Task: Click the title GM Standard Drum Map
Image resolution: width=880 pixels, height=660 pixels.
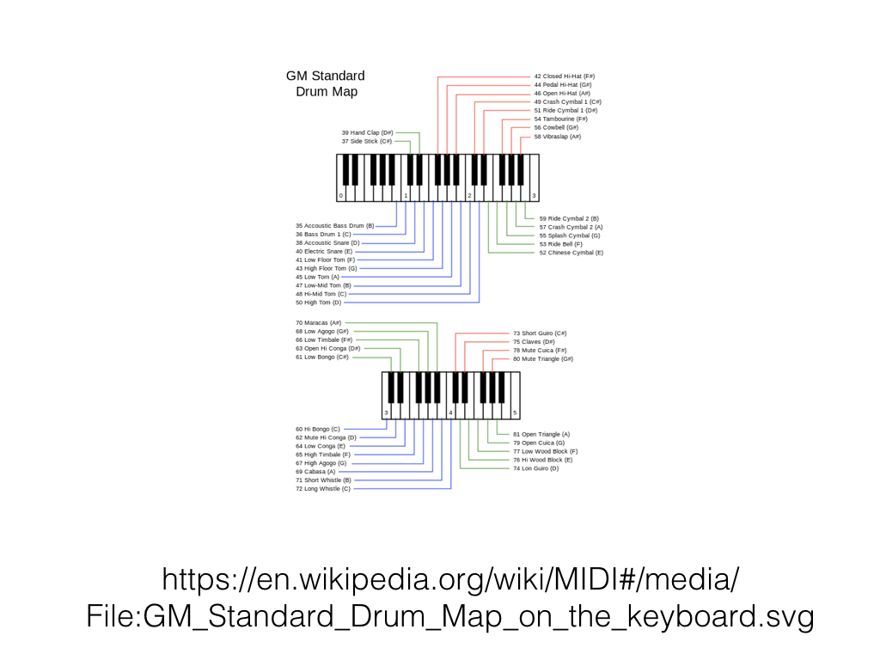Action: (x=325, y=83)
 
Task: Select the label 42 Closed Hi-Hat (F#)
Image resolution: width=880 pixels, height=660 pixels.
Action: (x=564, y=76)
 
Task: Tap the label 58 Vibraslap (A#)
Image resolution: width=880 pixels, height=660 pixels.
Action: (x=557, y=137)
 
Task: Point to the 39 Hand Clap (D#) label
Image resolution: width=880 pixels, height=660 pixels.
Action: (x=367, y=132)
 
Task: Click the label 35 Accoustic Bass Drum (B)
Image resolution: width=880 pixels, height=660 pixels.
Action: (x=334, y=225)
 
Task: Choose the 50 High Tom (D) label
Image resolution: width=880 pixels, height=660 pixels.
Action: (x=318, y=302)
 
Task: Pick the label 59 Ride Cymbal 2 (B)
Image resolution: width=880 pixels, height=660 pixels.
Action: (x=569, y=218)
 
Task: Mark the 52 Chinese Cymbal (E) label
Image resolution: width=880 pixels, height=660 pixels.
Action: (x=571, y=253)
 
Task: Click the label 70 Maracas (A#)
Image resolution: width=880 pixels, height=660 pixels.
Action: (x=318, y=322)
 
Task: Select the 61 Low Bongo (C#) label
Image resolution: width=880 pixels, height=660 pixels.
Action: (x=322, y=357)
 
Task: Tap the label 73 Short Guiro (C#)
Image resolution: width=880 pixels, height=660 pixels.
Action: (x=540, y=333)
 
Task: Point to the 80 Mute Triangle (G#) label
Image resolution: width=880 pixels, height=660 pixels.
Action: (x=542, y=358)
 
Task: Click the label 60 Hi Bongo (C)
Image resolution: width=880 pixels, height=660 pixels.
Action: (x=317, y=428)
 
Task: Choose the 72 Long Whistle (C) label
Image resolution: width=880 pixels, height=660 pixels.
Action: (x=322, y=488)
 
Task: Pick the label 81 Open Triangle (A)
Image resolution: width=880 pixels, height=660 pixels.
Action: (x=541, y=434)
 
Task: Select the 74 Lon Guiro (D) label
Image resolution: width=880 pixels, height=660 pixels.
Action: (x=535, y=468)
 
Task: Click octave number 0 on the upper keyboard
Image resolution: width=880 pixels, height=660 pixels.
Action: (x=340, y=196)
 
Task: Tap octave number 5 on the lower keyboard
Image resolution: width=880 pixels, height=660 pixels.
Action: (x=515, y=413)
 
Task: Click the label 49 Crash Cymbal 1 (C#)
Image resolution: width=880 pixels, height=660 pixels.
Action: (x=567, y=101)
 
